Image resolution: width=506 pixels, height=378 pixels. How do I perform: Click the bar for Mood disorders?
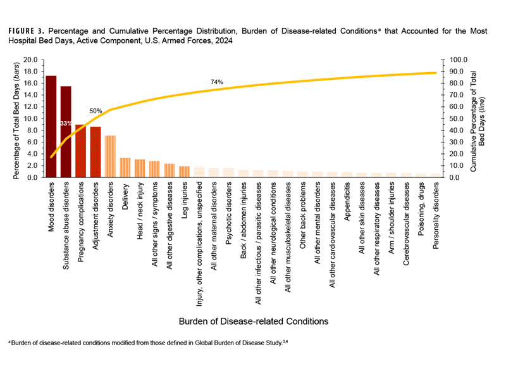pos(51,127)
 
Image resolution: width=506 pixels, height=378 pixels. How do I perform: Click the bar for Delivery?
pos(125,167)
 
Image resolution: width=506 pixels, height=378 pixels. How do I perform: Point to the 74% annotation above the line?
pos(217,82)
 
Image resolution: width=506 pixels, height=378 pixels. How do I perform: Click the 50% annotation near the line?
pos(96,111)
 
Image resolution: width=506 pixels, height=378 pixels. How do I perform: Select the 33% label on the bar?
pos(66,123)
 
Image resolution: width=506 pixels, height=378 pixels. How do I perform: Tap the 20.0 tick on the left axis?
pos(30,60)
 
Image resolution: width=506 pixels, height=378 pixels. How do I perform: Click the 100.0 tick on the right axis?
pos(457,60)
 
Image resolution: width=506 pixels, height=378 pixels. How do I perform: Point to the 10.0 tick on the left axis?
pos(30,118)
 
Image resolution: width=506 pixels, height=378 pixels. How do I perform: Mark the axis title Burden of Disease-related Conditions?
pos(252,321)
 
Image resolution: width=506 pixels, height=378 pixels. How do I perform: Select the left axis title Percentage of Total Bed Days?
pos(16,118)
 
